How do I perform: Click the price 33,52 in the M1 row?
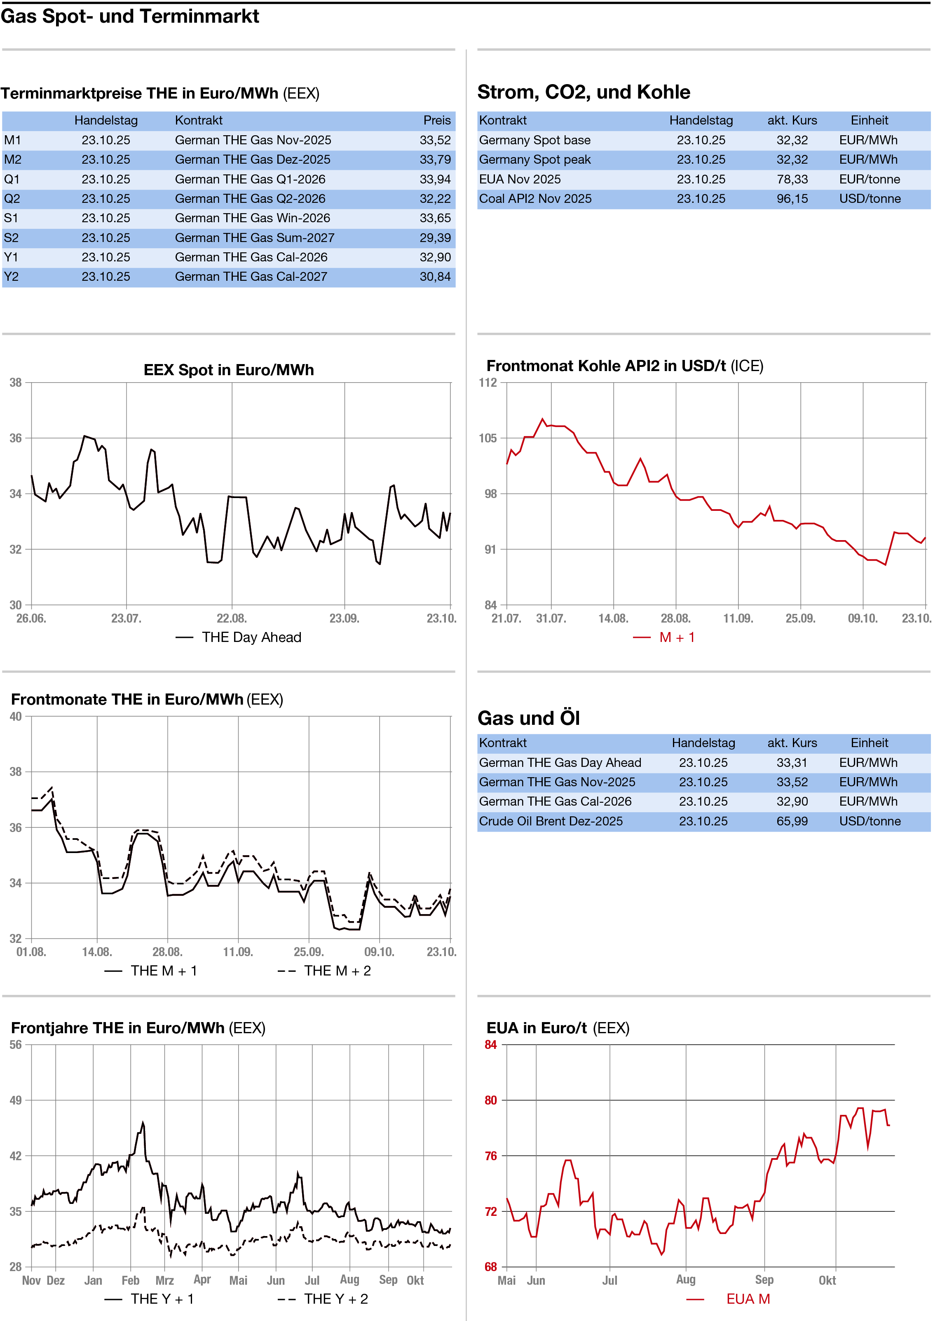435,140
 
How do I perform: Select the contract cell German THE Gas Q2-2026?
250,198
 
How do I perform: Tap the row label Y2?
12,277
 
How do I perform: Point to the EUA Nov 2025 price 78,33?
792,179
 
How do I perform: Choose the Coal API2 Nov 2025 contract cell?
535,198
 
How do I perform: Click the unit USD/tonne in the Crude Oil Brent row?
869,821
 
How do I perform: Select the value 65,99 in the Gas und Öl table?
792,821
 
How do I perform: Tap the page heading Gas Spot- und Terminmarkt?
130,16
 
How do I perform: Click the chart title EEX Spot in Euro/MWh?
228,369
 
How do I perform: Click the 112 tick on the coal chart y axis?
488,383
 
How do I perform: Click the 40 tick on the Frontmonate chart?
16,716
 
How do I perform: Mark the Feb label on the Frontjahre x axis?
131,1280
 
